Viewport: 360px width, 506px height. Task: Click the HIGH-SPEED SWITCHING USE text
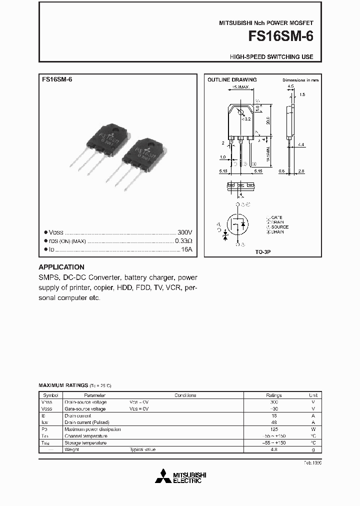(x=271, y=57)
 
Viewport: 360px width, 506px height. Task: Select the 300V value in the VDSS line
(x=184, y=232)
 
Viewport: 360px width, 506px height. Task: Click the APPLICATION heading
(x=61, y=267)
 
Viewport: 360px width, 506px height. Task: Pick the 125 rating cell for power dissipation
(x=273, y=429)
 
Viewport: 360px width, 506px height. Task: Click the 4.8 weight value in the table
(x=273, y=449)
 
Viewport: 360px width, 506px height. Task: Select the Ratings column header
(x=273, y=395)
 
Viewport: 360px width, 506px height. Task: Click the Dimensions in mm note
(x=300, y=80)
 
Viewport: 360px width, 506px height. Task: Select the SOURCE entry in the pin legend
(x=279, y=227)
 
